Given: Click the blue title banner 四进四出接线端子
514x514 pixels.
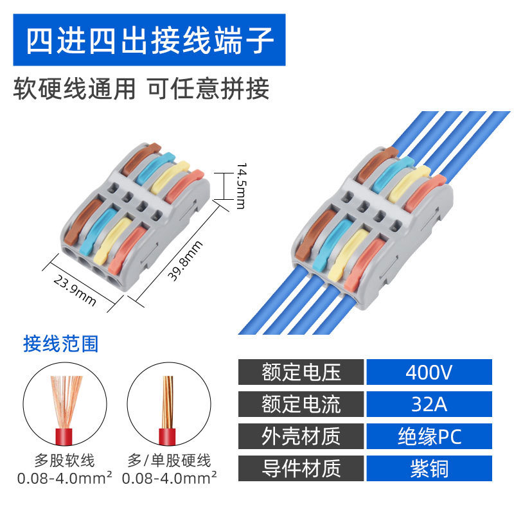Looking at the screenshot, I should (x=148, y=39).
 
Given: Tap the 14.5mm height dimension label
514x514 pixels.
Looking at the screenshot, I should (x=240, y=186).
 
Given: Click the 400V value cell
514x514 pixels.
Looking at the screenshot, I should (x=429, y=372).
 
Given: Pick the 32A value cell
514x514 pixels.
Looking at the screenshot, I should (x=429, y=404).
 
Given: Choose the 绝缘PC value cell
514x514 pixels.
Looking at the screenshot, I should (x=429, y=436).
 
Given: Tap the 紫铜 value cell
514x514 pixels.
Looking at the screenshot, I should (x=429, y=468).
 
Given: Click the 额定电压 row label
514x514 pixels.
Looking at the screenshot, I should (x=301, y=372).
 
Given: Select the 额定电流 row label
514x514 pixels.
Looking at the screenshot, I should (x=301, y=404).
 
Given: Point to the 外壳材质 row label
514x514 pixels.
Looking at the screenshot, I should (x=301, y=436).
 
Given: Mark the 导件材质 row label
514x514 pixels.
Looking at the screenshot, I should (x=301, y=468).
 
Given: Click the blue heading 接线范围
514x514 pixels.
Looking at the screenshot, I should (x=61, y=344).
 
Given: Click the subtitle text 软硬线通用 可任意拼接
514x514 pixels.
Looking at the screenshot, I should (x=141, y=89).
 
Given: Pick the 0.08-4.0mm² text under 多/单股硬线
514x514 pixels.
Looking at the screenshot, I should (x=169, y=479).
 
